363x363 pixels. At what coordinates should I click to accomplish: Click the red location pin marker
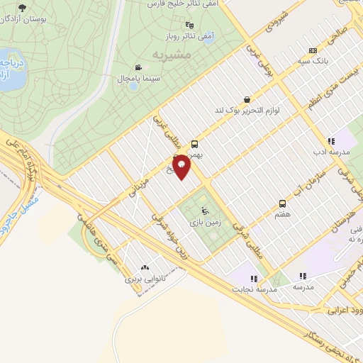point(182,167)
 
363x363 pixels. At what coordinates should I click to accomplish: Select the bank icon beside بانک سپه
point(313,51)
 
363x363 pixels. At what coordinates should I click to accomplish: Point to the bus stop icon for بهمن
point(195,143)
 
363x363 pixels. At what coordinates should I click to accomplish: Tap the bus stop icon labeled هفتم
point(283,204)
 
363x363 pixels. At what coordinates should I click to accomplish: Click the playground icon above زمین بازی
point(206,211)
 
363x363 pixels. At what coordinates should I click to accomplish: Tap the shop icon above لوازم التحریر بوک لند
point(246,99)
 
